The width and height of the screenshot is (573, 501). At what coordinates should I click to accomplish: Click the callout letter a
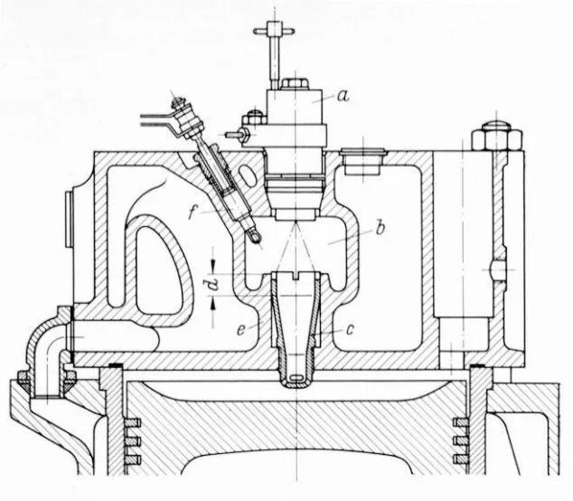click(343, 96)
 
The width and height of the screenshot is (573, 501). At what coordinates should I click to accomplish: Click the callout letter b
click(380, 229)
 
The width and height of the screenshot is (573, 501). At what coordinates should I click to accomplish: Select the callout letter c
click(350, 329)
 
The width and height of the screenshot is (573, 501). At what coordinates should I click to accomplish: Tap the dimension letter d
click(213, 284)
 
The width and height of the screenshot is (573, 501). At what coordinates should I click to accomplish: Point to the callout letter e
click(240, 330)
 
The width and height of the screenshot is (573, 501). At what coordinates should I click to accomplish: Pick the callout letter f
click(193, 213)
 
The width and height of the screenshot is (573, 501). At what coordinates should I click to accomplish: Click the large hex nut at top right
click(496, 136)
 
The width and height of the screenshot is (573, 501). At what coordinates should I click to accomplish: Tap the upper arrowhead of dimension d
click(213, 266)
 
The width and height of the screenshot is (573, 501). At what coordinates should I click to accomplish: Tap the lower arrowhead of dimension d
click(213, 302)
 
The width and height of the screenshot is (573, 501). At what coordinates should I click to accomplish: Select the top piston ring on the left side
click(133, 423)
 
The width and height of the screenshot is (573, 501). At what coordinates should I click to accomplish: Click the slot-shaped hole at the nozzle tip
click(296, 377)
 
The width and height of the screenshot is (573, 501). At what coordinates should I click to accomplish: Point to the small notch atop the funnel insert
click(296, 276)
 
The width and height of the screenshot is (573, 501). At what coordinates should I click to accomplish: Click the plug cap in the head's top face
click(362, 161)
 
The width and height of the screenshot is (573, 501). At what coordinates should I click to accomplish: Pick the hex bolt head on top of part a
click(294, 84)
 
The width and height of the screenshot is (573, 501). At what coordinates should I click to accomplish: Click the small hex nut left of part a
click(254, 118)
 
